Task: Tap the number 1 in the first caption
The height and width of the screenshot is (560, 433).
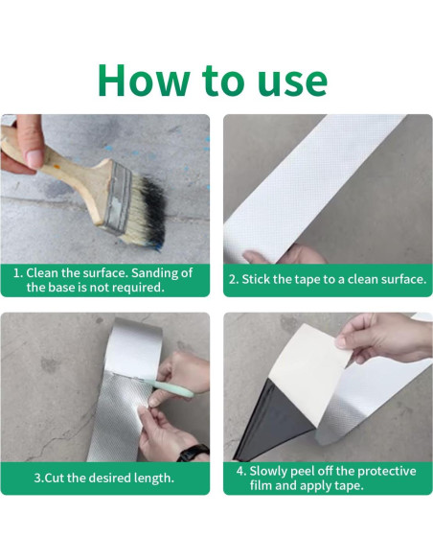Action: coord(16,272)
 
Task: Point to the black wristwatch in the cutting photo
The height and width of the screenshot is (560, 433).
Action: coord(194,451)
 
